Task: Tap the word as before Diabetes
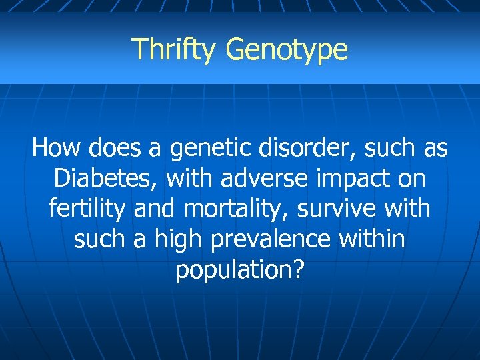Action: pos(435,148)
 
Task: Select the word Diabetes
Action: pos(106,178)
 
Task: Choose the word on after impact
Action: pos(412,179)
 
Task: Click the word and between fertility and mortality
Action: pos(155,209)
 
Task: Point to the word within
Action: pos(371,239)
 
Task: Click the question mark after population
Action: pos(297,270)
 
